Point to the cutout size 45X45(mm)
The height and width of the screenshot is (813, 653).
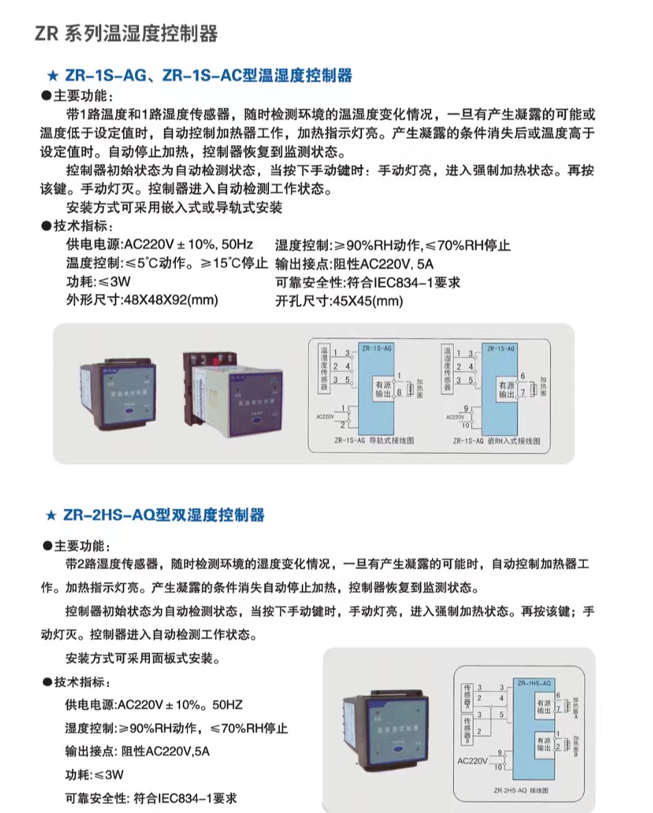(368, 299)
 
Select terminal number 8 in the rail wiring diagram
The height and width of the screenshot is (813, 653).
(399, 392)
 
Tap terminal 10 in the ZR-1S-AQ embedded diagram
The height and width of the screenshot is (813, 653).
(467, 425)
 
